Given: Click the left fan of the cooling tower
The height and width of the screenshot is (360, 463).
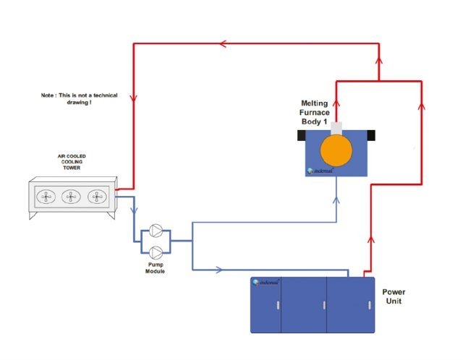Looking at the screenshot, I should [46, 196].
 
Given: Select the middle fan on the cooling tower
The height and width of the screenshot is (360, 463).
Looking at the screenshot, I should [71, 196].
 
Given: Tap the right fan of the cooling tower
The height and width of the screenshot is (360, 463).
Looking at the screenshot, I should [95, 196].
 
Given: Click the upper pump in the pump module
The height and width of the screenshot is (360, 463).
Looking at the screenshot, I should [156, 233].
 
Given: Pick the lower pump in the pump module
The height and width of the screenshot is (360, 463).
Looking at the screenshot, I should [156, 252].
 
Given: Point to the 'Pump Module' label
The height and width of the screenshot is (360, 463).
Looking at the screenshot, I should [156, 268].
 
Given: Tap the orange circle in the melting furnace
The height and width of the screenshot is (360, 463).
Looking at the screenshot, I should [336, 150].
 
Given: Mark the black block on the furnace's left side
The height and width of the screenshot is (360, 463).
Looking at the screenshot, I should [301, 135].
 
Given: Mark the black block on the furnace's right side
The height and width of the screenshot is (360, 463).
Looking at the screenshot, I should [371, 135].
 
